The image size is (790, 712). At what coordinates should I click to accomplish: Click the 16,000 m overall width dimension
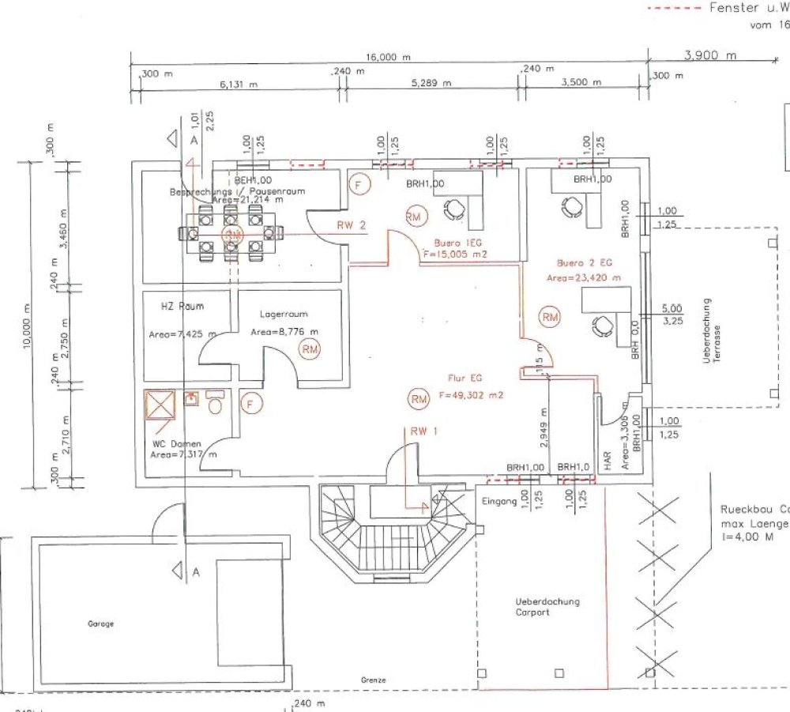[389, 58]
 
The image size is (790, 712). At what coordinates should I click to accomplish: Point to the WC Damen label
[176, 443]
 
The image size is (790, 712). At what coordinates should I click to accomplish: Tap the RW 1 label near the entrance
[423, 431]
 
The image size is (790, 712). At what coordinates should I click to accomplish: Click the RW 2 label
[351, 225]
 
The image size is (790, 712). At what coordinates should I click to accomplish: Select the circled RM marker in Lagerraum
[310, 348]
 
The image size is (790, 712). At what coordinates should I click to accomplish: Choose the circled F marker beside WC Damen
[250, 405]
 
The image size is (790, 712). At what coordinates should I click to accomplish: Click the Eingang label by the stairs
[498, 501]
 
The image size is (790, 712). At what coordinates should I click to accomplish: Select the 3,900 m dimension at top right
[709, 55]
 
